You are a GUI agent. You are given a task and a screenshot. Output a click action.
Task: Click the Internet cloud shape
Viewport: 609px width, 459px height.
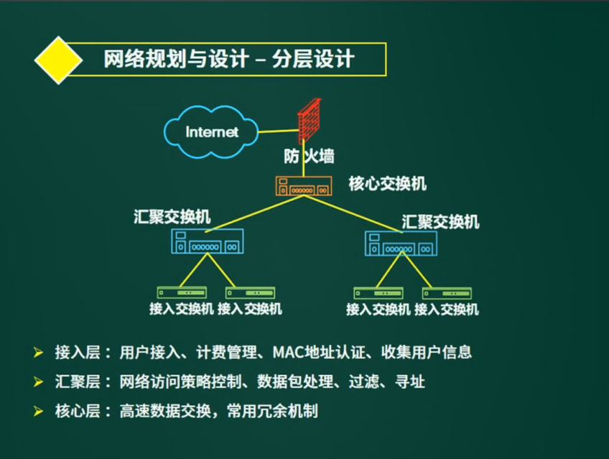pyautogui.click(x=211, y=131)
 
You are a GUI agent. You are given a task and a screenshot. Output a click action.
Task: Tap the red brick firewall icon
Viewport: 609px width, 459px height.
pyautogui.click(x=310, y=121)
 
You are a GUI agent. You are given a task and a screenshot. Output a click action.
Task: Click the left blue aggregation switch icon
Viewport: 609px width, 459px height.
pyautogui.click(x=207, y=241)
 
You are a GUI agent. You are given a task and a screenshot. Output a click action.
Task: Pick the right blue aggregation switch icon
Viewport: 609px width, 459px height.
pyautogui.click(x=401, y=244)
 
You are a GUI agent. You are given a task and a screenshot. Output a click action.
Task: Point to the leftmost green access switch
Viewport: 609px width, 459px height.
pyautogui.click(x=182, y=292)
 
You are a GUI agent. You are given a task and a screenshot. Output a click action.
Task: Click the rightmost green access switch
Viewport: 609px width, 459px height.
pyautogui.click(x=447, y=293)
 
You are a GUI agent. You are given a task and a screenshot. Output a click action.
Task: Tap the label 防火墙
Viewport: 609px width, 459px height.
pyautogui.click(x=307, y=156)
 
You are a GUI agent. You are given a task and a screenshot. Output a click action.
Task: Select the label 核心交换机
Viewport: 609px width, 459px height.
pyautogui.click(x=388, y=184)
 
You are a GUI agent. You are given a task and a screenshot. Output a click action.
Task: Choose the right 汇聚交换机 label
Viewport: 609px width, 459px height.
pyautogui.click(x=440, y=221)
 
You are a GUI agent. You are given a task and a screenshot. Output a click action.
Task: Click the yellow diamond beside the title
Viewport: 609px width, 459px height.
pyautogui.click(x=58, y=59)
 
